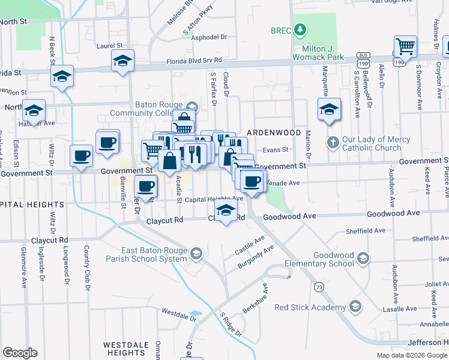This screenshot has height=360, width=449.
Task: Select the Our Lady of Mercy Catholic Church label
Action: click(376, 144)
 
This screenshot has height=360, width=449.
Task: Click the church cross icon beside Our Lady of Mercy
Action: click(333, 143)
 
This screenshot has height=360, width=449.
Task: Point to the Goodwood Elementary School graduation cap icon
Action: click(363, 258)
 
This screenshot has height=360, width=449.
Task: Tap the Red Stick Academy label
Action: click(309, 308)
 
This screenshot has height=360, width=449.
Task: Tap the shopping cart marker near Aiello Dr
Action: click(405, 46)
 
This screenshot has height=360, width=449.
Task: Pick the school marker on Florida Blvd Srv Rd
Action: click(122, 60)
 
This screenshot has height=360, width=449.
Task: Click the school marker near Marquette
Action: click(328, 109)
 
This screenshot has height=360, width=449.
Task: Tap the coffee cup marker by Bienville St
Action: click(146, 185)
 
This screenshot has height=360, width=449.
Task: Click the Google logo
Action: click(20, 353)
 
